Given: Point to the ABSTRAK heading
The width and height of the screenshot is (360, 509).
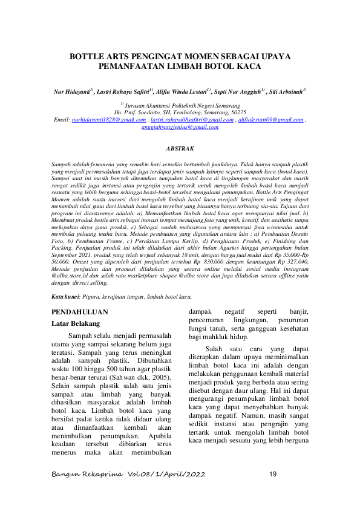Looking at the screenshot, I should (180, 148).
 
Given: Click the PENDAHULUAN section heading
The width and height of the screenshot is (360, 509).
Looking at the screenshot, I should (80, 312).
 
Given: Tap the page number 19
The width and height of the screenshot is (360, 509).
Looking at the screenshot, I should (273, 474).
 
